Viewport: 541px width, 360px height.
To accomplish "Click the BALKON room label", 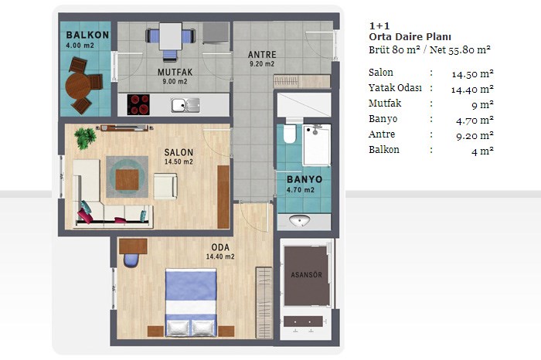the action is pyautogui.click(x=87, y=36).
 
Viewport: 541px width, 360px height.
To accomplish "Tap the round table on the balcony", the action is pyautogui.click(x=77, y=85).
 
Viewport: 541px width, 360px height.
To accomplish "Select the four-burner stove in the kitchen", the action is pyautogui.click(x=138, y=104).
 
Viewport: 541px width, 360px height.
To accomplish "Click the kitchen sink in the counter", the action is pyautogui.click(x=185, y=105).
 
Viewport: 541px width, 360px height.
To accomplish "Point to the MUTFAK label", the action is pyautogui.click(x=175, y=73).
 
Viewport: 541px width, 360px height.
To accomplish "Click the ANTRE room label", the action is pyautogui.click(x=262, y=55).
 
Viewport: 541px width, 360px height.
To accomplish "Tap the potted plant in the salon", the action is pyautogui.click(x=85, y=138).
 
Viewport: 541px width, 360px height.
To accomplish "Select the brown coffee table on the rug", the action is pyautogui.click(x=127, y=180).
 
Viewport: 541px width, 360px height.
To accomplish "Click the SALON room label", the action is pyautogui.click(x=179, y=152).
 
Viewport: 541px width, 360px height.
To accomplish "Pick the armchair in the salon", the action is pyautogui.click(x=165, y=186).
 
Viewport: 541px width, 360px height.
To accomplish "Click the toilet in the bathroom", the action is pyautogui.click(x=290, y=134).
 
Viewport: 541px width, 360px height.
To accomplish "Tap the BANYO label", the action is pyautogui.click(x=305, y=179).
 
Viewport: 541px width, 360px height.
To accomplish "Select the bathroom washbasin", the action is pyautogui.click(x=300, y=221).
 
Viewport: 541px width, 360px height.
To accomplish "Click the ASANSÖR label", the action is pyautogui.click(x=306, y=275).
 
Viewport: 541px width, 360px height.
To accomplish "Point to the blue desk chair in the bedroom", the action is pyautogui.click(x=131, y=260).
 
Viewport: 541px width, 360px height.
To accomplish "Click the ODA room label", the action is pyautogui.click(x=220, y=247).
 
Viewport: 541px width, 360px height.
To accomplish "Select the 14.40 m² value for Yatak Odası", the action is pyautogui.click(x=472, y=90).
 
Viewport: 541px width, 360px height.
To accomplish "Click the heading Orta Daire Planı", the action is pyautogui.click(x=410, y=37).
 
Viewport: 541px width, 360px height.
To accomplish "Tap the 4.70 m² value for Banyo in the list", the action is pyautogui.click(x=475, y=121).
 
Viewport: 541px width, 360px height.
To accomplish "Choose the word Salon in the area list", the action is pyautogui.click(x=381, y=73).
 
